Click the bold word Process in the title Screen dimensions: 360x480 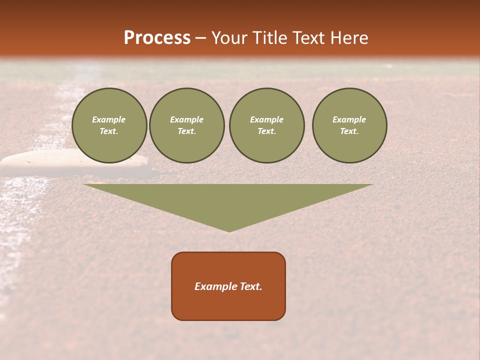157,38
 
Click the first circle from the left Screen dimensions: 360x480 109,125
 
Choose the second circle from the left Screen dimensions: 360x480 186,125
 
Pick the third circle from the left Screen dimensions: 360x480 266,125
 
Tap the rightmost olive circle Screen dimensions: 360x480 349,125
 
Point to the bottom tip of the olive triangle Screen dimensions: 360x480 229,231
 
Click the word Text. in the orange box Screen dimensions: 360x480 251,286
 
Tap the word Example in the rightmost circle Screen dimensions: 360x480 349,119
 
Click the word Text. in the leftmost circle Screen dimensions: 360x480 109,131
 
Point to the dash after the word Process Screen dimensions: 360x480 200,38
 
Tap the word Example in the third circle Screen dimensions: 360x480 266,119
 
